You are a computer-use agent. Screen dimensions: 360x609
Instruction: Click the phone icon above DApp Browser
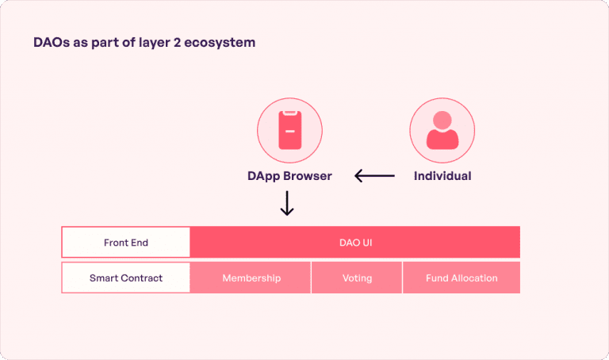(289, 131)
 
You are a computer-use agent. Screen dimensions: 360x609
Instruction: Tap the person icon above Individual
(442, 131)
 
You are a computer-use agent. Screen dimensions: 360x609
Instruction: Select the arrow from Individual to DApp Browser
(374, 176)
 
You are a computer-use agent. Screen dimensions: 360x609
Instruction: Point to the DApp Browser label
(289, 176)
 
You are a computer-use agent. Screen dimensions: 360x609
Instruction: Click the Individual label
(442, 176)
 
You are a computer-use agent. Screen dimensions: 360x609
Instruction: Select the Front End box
(126, 243)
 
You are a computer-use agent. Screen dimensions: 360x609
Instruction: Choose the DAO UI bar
(354, 243)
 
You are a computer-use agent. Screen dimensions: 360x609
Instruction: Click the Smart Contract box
(126, 278)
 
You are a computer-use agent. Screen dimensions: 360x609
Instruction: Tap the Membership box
(251, 278)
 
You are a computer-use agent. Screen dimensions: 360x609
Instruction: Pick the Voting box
(357, 278)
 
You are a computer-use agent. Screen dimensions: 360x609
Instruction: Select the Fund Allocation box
(462, 278)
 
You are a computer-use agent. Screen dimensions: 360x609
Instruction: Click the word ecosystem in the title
(223, 42)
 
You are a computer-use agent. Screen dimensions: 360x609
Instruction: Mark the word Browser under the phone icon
(310, 176)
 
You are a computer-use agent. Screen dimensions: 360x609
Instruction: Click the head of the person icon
(442, 121)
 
